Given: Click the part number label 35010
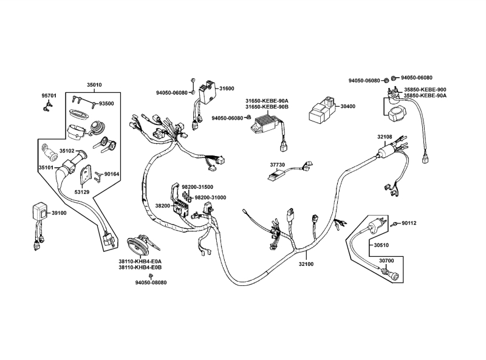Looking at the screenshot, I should (x=94, y=85).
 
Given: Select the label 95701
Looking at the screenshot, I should (x=49, y=96).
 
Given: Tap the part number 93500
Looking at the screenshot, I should (x=106, y=104).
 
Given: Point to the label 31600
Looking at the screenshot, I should (x=227, y=89).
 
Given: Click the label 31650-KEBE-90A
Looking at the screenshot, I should (x=267, y=100).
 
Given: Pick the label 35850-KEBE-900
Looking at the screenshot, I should (x=425, y=89).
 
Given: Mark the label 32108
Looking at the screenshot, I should (x=385, y=137).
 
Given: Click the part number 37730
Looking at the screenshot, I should (x=278, y=165).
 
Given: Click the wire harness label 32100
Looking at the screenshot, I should (x=306, y=264).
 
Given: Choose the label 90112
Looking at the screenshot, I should (x=409, y=223).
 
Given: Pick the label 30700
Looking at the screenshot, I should (x=386, y=260).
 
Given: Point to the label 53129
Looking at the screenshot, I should (x=82, y=192).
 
